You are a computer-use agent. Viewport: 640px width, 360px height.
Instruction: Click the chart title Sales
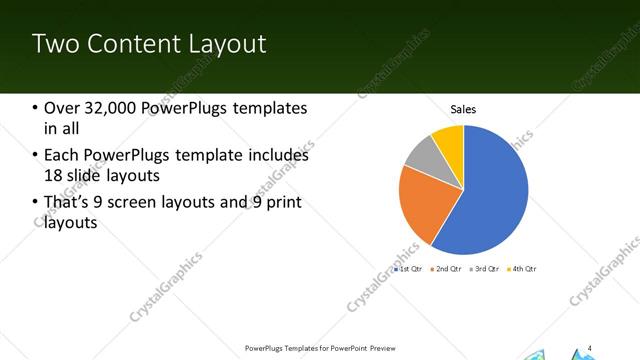click(463, 109)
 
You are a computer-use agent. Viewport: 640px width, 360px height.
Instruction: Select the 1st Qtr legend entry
click(409, 268)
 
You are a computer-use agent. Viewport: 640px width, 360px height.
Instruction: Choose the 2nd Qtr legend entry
click(447, 268)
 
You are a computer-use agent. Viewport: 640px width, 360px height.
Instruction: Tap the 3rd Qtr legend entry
click(485, 268)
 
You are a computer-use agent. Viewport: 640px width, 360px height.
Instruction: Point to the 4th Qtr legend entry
click(523, 268)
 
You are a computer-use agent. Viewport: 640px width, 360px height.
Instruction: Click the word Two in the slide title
click(54, 43)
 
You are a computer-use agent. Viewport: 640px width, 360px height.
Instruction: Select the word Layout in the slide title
click(229, 43)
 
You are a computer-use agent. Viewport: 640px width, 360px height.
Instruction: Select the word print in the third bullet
click(283, 203)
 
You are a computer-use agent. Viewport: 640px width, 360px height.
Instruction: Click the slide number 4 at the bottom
click(591, 347)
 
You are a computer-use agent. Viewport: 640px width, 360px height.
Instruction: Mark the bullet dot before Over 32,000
click(35, 108)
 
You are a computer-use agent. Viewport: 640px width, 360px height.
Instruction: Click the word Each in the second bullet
click(60, 155)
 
